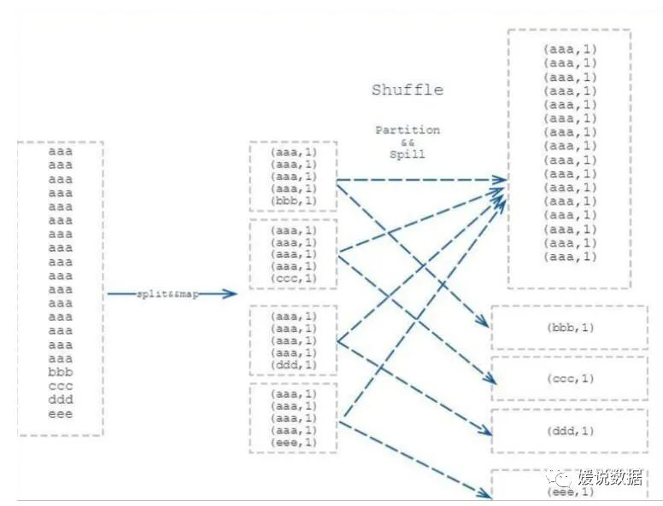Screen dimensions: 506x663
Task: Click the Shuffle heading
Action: pos(408,90)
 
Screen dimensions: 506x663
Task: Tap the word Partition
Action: pos(408,131)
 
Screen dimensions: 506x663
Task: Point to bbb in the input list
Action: pos(60,373)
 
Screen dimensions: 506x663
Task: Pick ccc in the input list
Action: pos(60,387)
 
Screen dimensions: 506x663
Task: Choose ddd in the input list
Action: pos(60,400)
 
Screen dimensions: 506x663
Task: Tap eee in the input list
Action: pos(60,414)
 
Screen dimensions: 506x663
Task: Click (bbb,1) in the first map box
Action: pos(293,201)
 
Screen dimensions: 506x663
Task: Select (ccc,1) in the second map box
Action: pos(293,278)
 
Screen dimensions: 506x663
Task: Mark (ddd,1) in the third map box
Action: pos(293,365)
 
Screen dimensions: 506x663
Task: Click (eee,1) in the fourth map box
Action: pos(293,442)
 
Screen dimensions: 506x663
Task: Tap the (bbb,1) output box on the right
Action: pos(569,328)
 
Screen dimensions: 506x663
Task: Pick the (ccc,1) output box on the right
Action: pos(569,379)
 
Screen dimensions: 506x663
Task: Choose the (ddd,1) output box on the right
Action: pos(569,431)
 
